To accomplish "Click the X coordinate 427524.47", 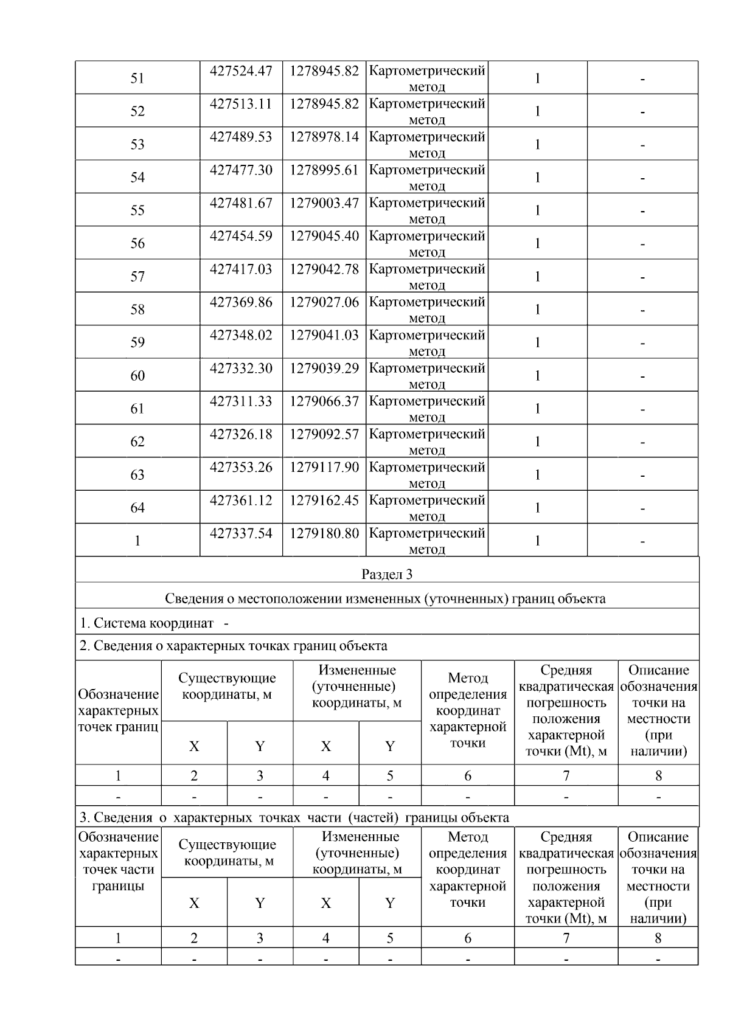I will pos(241,71).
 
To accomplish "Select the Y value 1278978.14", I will pos(324,137).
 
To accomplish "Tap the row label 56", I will pos(137,243).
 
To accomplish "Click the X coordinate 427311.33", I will pos(241,401).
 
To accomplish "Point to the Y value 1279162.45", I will pos(324,500).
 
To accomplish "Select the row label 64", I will pos(137,508).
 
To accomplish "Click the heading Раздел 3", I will pos(387,574).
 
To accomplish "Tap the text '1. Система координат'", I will pos(147,623).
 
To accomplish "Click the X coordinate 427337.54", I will pos(241,533).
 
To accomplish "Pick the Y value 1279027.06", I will pos(324,302).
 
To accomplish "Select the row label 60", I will pos(137,376).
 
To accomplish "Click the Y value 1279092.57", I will pos(324,434).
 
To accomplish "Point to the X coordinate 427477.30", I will pos(241,170).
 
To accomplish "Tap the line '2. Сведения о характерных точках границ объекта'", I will pos(233,646).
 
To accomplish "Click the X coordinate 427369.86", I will pos(241,302).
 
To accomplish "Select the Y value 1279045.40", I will pos(324,236).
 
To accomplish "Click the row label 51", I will pos(137,78).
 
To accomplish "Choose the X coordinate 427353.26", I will pos(241,468).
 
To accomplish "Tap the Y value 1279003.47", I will pos(324,203).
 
